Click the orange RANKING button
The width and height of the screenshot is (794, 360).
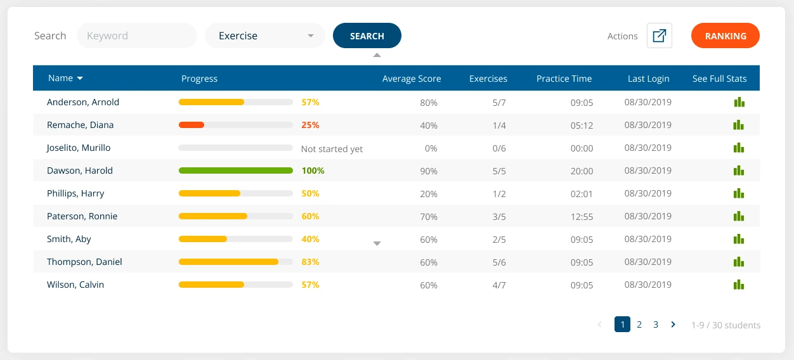pos(726,35)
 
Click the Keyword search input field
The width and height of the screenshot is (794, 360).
pos(137,35)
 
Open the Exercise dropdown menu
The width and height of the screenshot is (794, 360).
pos(265,35)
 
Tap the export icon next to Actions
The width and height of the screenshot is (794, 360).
pos(660,35)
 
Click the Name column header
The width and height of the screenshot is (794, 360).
pos(65,79)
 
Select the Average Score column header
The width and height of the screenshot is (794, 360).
pos(412,79)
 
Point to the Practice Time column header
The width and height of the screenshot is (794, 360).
pos(564,79)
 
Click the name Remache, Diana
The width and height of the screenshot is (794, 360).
pos(80,125)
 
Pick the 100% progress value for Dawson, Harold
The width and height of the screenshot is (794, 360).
pos(313,170)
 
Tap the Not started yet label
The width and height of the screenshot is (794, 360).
pos(332,149)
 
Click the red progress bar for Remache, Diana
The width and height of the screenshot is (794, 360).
pos(192,125)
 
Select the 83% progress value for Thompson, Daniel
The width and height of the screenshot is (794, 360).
pos(311,262)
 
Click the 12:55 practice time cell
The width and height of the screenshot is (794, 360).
pos(582,217)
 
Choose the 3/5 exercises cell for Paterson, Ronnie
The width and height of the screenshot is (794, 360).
pos(499,217)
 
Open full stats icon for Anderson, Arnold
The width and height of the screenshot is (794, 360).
pos(739,103)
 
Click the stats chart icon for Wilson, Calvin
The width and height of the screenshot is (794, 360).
pos(739,285)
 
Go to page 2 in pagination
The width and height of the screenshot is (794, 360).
pos(639,325)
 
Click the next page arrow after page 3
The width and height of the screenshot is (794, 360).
pos(673,325)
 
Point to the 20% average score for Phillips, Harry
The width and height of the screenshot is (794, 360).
pos(429,194)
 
